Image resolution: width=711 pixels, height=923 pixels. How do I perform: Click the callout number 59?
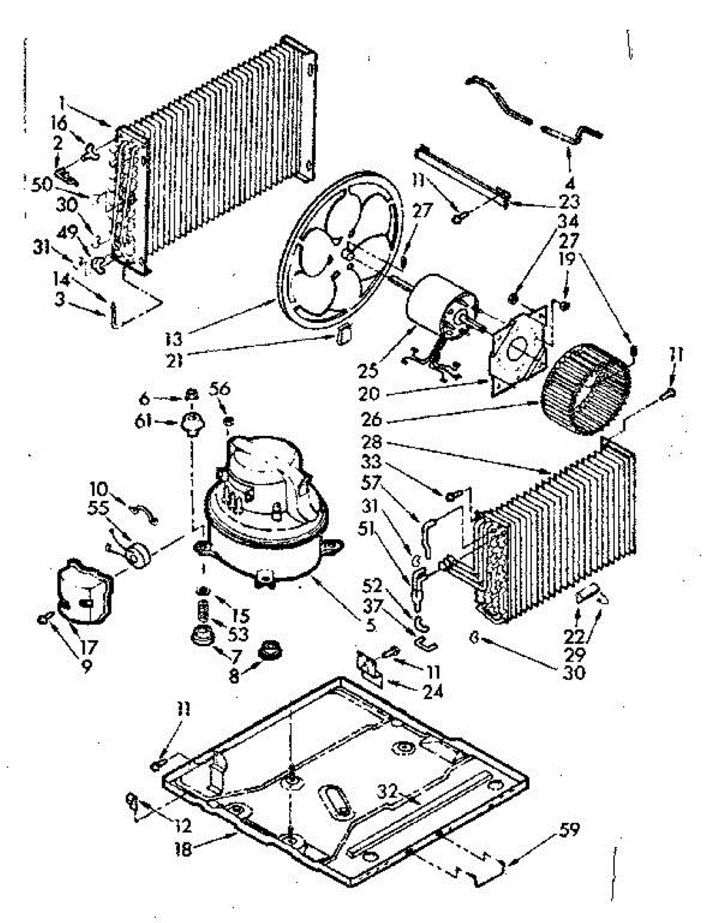click(x=570, y=830)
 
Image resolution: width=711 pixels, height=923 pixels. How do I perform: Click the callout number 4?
click(x=570, y=185)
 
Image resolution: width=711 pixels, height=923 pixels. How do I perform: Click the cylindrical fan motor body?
click(x=434, y=308)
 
